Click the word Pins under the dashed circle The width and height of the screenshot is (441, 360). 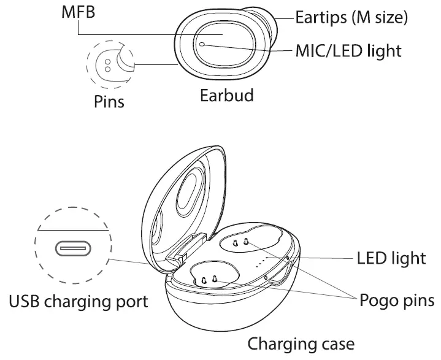pos(109,101)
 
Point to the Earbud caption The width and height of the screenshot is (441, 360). pos(226,96)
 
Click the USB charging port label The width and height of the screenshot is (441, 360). pos(79,302)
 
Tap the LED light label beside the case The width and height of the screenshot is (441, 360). pos(391,258)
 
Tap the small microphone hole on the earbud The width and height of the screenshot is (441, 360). pos(202,44)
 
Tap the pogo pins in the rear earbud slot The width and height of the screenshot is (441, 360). pos(241,243)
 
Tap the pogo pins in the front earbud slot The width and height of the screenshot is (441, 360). pos(209,280)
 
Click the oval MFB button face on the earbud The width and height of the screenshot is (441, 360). pos(224,47)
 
